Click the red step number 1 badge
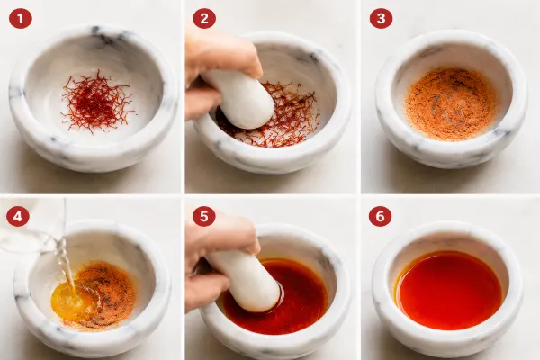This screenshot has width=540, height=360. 21,18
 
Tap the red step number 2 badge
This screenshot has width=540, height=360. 204,18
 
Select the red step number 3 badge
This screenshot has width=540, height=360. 381,18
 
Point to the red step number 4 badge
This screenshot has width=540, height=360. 18,216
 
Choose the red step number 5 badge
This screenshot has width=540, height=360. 204,216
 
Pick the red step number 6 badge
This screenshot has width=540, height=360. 380,216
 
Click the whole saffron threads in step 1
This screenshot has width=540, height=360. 96,102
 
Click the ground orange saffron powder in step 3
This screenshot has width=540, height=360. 451,104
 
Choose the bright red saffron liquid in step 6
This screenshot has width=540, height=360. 449,290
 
